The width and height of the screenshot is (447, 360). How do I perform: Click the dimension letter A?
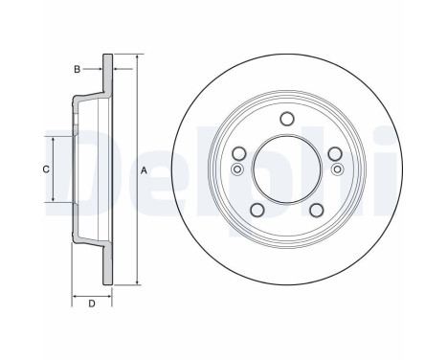[144, 170]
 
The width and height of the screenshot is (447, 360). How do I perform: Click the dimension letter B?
[78, 69]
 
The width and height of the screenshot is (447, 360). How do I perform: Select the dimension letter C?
[45, 169]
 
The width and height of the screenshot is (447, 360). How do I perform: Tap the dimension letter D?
[91, 304]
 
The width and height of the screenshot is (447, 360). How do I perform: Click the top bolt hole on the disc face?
[285, 119]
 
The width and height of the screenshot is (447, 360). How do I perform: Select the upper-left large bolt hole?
[239, 154]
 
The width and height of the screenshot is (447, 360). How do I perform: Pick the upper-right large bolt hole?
[333, 154]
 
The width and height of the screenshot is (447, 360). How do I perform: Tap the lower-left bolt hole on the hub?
[257, 210]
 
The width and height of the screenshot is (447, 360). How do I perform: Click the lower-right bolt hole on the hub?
[315, 210]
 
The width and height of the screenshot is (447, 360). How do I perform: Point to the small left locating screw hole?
[236, 169]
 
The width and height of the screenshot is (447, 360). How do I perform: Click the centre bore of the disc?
[285, 170]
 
